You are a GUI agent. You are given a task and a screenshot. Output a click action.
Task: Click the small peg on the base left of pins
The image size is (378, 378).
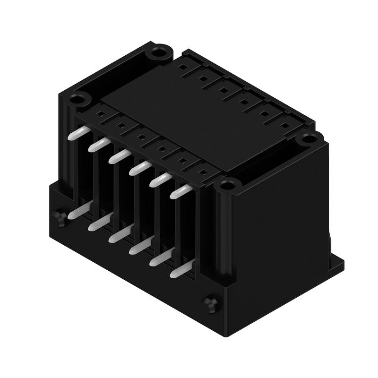coord(60,218)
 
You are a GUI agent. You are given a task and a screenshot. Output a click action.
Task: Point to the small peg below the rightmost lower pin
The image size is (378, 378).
coord(208,304)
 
